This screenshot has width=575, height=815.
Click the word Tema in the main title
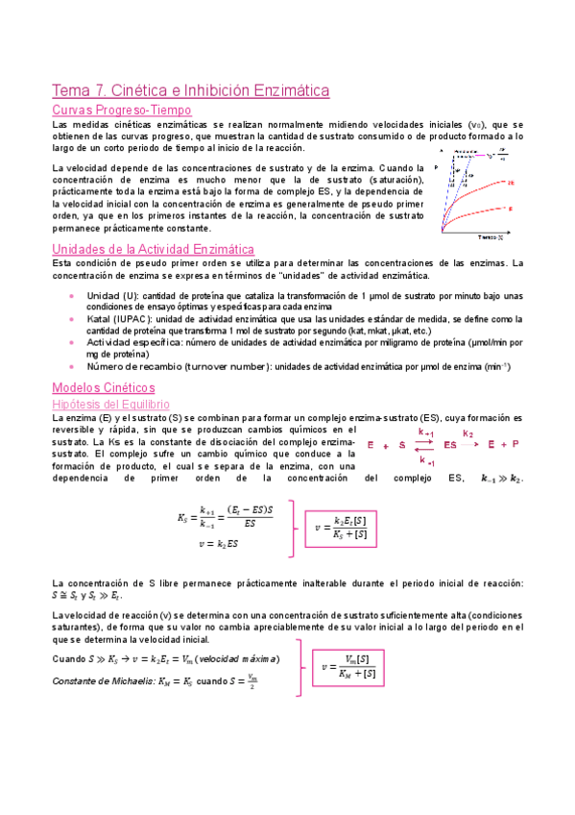pos(69,90)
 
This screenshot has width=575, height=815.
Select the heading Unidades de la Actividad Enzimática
pos(152,250)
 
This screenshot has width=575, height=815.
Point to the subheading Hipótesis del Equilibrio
pos(110,405)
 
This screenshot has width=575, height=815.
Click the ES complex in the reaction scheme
pos(449,445)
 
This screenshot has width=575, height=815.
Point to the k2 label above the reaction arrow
pos(467,433)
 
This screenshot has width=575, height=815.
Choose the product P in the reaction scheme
pos(515,445)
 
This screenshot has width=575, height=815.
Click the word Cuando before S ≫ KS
pos(68,659)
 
